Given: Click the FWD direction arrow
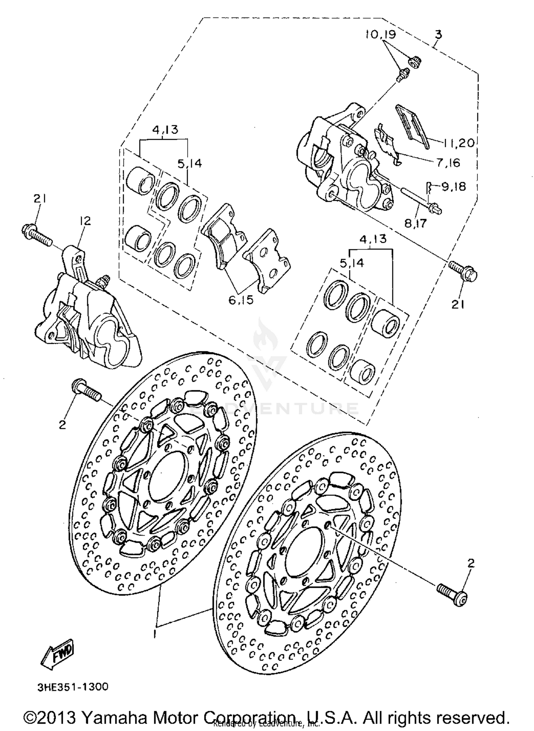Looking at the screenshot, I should click(58, 655).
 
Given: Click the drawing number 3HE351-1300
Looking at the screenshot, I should click(73, 687).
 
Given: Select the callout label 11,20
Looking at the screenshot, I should click(459, 143).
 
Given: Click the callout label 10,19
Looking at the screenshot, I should click(380, 35).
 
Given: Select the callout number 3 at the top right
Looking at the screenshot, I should click(438, 35).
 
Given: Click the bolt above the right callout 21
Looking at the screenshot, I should click(463, 271).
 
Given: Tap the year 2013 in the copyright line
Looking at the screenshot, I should click(57, 717).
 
